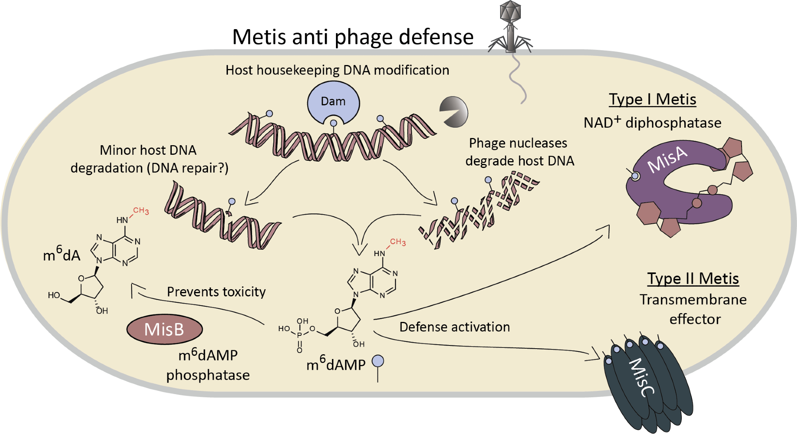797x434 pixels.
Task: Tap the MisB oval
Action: [164, 329]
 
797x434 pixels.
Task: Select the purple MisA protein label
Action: [667, 159]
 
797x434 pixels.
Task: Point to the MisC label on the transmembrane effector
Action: [641, 377]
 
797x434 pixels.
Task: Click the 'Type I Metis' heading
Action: [652, 99]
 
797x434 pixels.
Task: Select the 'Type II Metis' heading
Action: [693, 278]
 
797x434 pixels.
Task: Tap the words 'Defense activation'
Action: [454, 327]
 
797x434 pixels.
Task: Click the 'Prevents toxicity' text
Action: [216, 292]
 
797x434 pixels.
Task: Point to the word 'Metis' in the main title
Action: [259, 37]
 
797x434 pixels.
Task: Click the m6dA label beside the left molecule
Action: [61, 254]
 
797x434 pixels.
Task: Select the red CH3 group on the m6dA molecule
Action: [141, 211]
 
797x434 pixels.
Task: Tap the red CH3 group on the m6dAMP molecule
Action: [397, 242]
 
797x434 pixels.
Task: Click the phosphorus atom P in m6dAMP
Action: [299, 335]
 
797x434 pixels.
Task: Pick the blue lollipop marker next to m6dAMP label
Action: [377, 361]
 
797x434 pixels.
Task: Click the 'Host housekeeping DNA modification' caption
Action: [337, 70]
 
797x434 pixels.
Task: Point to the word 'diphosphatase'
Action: [673, 123]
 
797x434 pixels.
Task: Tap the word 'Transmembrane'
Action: [693, 300]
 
